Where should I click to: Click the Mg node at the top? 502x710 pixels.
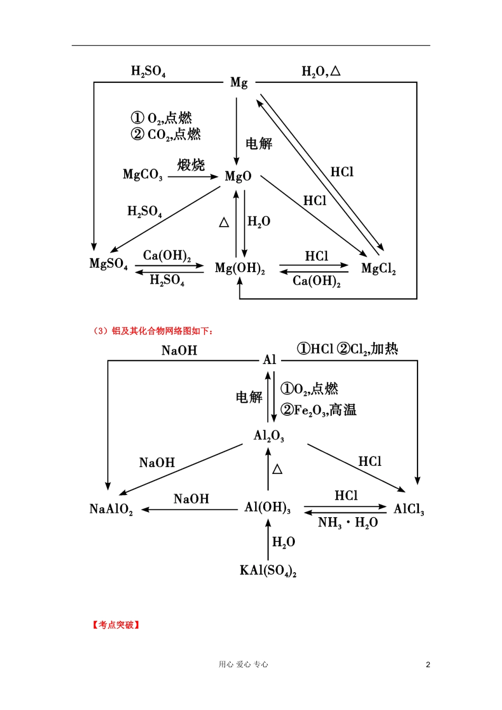(239, 83)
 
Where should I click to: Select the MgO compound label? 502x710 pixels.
(238, 176)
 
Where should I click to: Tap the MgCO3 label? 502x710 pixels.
(143, 175)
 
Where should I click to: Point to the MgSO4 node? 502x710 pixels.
(108, 264)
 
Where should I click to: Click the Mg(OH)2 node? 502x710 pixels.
(240, 268)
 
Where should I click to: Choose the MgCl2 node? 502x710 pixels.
(378, 269)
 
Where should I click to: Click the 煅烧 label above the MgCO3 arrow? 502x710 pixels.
(191, 164)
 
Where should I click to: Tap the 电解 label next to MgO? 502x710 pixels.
(259, 144)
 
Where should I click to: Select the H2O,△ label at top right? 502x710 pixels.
(321, 71)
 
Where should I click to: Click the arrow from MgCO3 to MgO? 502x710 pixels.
(193, 176)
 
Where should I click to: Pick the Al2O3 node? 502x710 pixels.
(268, 436)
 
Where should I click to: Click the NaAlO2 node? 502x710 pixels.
(111, 509)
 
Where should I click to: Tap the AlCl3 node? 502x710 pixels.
(409, 509)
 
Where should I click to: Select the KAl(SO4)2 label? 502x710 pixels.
(268, 571)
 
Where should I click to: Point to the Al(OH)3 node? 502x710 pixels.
(267, 508)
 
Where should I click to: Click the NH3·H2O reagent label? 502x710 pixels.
(348, 522)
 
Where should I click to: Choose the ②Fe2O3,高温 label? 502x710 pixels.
(319, 410)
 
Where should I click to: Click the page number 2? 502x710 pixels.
(428, 665)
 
